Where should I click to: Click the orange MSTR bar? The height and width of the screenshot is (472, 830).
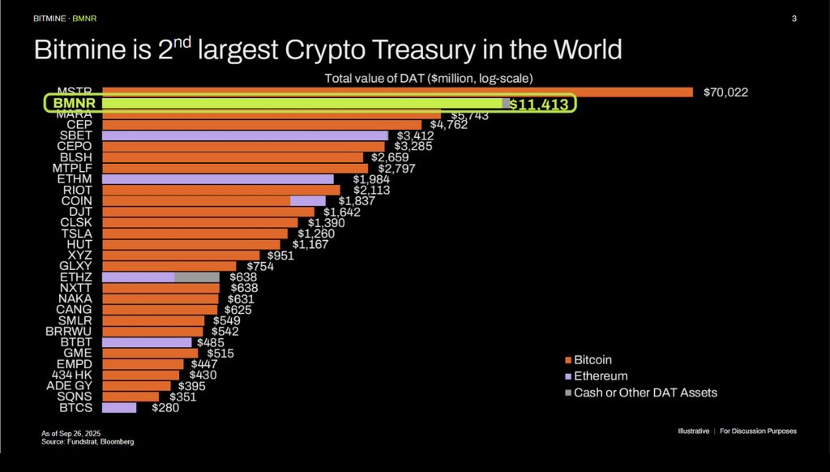coord(397,92)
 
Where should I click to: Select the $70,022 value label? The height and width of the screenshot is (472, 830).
coord(726,92)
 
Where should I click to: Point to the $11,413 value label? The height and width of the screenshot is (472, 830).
coord(538,104)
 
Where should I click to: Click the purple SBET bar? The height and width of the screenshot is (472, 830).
coord(246,135)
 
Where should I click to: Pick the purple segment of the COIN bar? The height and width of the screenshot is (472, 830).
coord(307,200)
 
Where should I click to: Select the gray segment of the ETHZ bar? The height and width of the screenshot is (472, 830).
coord(196,277)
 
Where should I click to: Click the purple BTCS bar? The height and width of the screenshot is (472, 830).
coord(119,407)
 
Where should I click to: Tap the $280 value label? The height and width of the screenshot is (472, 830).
coord(165,408)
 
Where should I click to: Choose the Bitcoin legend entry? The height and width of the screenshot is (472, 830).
coord(593,359)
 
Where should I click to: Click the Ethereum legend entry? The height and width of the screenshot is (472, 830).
coord(600,376)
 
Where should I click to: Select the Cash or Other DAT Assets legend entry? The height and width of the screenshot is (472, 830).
coord(644,393)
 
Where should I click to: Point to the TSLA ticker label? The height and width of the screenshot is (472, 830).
coord(76,233)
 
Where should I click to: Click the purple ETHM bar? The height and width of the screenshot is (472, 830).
coord(218,178)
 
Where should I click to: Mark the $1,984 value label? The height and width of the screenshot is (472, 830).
coord(371,179)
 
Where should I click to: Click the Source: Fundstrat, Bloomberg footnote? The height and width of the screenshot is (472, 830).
coord(88,442)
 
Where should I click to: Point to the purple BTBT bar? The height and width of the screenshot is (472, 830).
coord(147,342)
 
